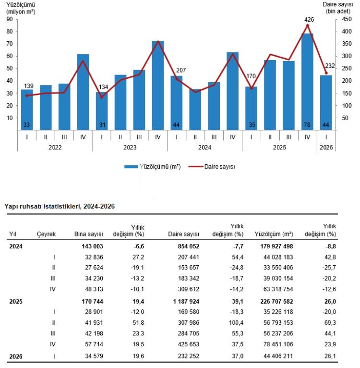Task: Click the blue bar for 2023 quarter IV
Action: (158, 86)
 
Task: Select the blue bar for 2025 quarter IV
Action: (307, 82)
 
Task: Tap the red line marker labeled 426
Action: (308, 25)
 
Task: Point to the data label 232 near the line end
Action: (330, 66)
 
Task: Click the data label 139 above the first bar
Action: (29, 86)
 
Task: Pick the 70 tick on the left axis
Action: (10, 44)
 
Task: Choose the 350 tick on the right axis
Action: (347, 44)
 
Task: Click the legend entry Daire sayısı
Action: (212, 167)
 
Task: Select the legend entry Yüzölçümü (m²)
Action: (153, 167)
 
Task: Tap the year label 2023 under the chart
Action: (130, 147)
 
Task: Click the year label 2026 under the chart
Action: (326, 147)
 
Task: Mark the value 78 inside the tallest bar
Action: (307, 125)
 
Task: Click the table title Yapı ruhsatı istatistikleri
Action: (43, 206)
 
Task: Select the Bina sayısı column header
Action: (89, 234)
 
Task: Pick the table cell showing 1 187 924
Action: (186, 301)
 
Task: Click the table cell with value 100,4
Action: (236, 323)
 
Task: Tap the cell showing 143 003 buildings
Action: (93, 246)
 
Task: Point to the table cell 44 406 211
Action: (278, 356)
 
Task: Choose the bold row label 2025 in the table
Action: (16, 301)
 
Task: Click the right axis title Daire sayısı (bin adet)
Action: (338, 8)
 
